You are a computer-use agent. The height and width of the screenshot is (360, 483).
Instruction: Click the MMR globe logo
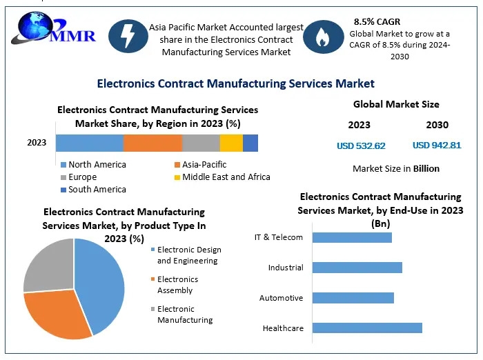pyautogui.click(x=53, y=28)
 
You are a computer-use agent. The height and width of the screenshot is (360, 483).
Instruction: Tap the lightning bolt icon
pyautogui.click(x=128, y=36)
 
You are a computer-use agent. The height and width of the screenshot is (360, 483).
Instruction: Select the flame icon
pyautogui.click(x=323, y=37)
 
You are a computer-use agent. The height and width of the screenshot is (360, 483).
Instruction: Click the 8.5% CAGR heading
pyautogui.click(x=377, y=22)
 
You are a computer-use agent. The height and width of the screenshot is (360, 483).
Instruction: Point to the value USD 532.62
pyautogui.click(x=361, y=146)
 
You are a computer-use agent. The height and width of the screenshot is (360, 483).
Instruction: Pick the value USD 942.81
pyautogui.click(x=437, y=145)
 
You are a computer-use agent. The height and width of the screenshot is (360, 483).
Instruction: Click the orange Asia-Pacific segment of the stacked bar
pyautogui.click(x=152, y=143)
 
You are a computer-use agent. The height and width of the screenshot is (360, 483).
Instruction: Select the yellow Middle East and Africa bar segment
pyautogui.click(x=231, y=143)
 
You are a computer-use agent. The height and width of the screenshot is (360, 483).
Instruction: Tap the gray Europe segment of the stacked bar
pyautogui.click(x=201, y=143)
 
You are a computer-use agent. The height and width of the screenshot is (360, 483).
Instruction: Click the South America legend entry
pyautogui.click(x=94, y=190)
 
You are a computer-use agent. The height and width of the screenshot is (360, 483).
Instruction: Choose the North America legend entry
pyautogui.click(x=94, y=164)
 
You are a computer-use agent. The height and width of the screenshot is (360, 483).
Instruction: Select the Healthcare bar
pyautogui.click(x=367, y=328)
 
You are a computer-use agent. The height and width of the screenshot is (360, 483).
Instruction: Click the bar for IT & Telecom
pyautogui.click(x=352, y=237)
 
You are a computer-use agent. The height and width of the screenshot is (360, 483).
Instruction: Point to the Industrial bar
pyautogui.click(x=357, y=268)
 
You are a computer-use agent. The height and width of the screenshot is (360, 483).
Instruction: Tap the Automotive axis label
pyautogui.click(x=282, y=298)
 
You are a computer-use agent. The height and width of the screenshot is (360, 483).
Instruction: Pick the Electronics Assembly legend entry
pyautogui.click(x=175, y=285)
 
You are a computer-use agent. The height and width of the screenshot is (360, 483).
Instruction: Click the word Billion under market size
pyautogui.click(x=426, y=168)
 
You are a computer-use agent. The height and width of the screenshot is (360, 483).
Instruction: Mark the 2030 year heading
pyautogui.click(x=437, y=125)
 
